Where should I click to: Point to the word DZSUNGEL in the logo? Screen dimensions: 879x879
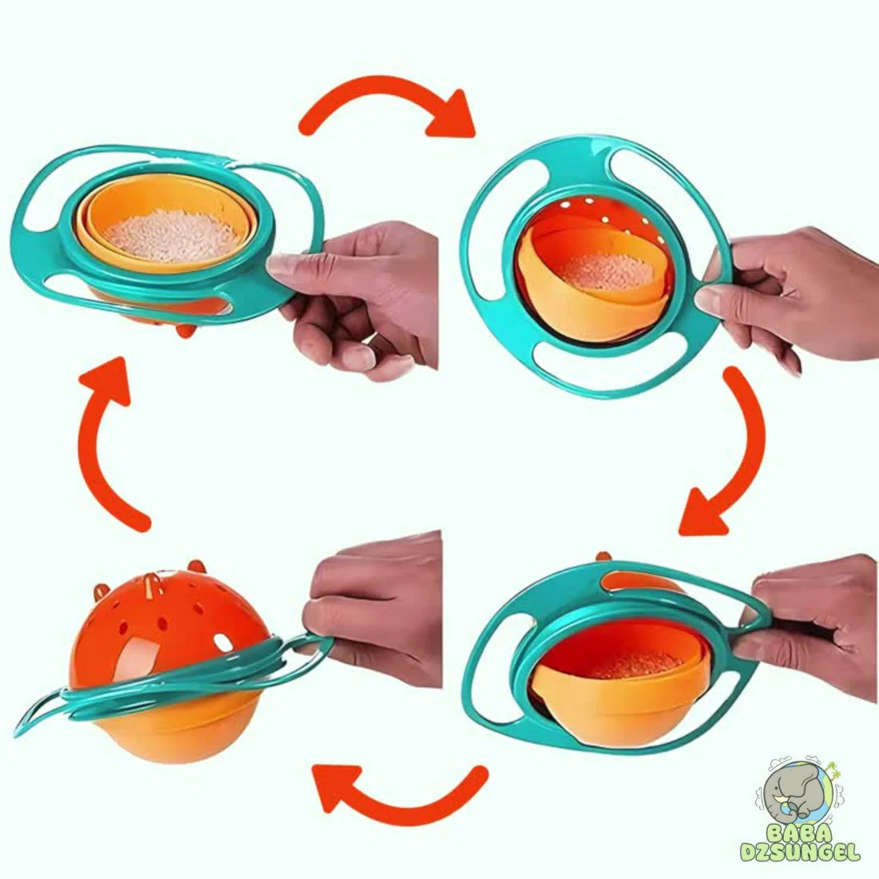click(800, 853)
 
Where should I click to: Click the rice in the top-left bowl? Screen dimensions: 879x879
click(171, 235)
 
